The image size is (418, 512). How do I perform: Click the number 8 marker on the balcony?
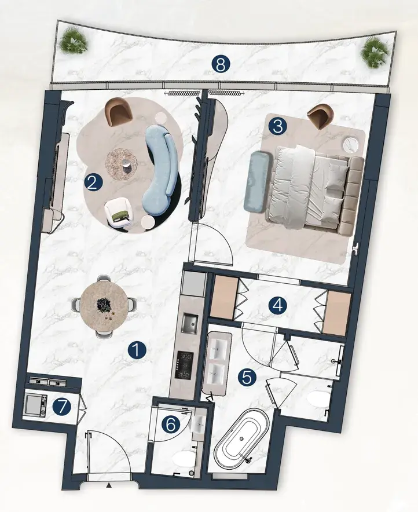click(x=221, y=64)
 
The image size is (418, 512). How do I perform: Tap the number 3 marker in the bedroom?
click(x=278, y=126)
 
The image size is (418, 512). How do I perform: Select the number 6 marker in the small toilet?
click(x=171, y=425)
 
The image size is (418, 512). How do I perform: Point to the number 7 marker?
click(x=63, y=407)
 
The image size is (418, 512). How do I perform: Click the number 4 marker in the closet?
click(x=278, y=306)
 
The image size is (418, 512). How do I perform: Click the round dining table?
click(x=104, y=306)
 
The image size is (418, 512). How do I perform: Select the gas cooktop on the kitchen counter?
click(x=185, y=365)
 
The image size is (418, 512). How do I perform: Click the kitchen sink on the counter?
click(x=189, y=323)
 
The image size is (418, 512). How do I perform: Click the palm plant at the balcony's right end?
click(x=373, y=52)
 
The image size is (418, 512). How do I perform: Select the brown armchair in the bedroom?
click(x=320, y=117)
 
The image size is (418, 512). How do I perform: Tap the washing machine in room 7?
click(x=35, y=405)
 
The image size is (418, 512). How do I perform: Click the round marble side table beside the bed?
click(x=351, y=144)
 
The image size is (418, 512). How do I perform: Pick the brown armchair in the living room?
click(x=119, y=111)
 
